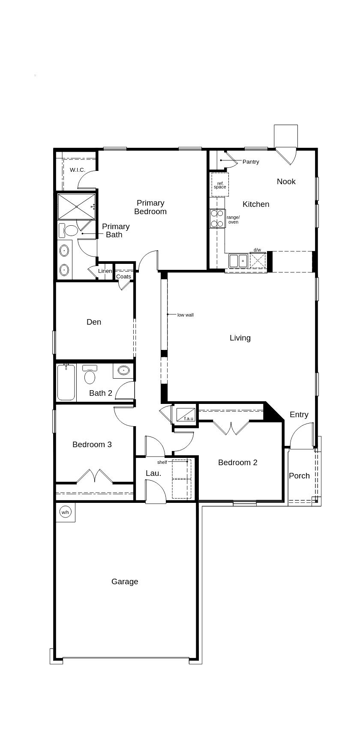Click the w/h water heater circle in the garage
[x=65, y=512]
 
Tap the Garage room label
[x=125, y=581]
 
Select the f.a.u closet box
[x=186, y=415]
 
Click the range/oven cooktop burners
[x=218, y=218]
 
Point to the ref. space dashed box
[x=220, y=185]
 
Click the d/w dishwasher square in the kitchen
[x=258, y=260]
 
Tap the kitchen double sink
[x=238, y=260]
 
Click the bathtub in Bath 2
[x=66, y=382]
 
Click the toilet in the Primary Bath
[x=69, y=231]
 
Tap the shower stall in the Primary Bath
[x=76, y=206]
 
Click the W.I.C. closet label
[x=78, y=170]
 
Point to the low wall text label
[x=186, y=315]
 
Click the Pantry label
[x=251, y=161]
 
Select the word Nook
[x=286, y=181]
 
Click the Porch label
[x=299, y=475]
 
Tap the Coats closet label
[x=123, y=276]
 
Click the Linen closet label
[x=105, y=271]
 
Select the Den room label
[x=94, y=322]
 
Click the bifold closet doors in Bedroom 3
[x=94, y=476]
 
